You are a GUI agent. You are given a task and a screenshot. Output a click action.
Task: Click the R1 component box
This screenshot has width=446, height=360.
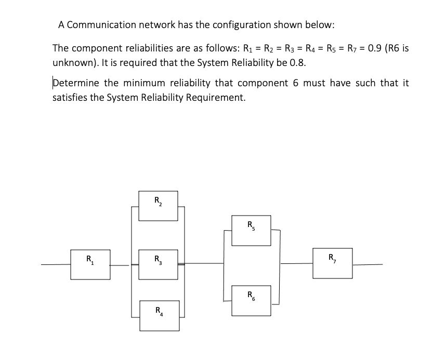click(90, 264)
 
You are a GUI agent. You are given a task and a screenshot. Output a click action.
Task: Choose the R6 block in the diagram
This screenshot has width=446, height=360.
click(251, 300)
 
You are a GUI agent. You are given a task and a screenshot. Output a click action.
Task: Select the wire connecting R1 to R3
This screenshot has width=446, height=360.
click(121, 265)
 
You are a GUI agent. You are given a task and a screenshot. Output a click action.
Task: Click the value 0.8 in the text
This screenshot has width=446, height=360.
click(297, 62)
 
